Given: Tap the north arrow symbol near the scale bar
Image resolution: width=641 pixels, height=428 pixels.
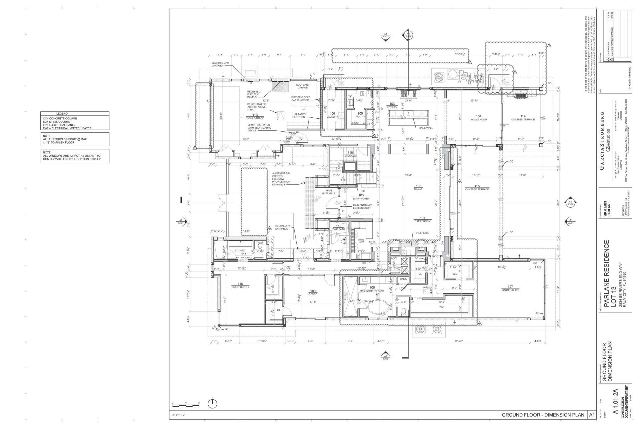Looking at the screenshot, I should coord(212,404).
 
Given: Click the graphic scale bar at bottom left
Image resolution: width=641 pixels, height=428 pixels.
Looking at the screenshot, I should coord(186,405).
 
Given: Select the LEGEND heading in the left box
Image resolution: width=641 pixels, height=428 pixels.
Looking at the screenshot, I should coord(62,114).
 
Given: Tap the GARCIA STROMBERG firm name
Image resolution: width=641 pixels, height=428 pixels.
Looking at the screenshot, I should coord(602,140).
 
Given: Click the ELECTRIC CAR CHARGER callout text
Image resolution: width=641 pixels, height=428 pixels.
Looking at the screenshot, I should coord(220,64).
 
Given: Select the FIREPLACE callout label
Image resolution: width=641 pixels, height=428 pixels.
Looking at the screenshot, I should coord(423,233).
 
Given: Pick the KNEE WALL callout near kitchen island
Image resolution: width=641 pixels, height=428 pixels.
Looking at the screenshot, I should coord(426,128).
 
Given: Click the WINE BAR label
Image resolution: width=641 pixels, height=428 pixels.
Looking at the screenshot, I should coord(361,241).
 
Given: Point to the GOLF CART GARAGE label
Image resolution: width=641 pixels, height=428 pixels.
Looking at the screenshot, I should coord(302,86).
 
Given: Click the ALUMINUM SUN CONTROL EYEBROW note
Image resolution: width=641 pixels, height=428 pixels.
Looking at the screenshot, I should coord(281,179).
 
